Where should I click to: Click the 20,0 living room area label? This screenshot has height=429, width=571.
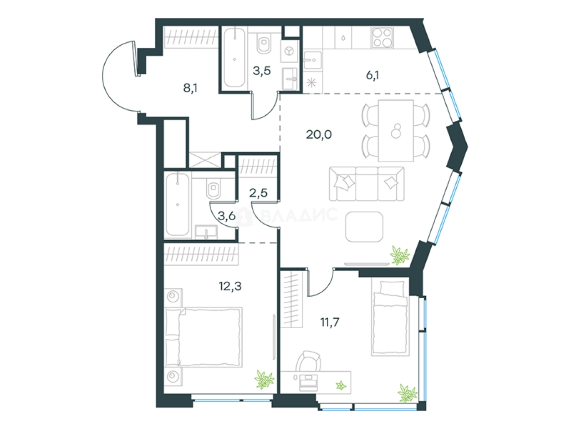tap(319, 134)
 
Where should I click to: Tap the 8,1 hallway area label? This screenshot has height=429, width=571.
tap(190, 88)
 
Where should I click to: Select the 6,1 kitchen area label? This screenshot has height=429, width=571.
tap(372, 75)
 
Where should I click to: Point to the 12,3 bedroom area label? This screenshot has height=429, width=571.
tap(230, 286)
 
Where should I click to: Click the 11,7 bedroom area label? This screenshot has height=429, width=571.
tap(330, 322)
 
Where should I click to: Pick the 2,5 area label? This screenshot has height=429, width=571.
tap(258, 193)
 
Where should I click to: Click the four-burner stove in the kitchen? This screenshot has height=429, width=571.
tap(382, 38)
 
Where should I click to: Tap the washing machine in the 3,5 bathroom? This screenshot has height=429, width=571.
tap(289, 51)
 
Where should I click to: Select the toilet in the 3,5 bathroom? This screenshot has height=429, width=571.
tap(264, 43)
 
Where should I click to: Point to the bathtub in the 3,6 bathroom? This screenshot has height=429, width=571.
tap(178, 205)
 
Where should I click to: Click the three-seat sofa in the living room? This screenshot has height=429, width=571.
tap(367, 184)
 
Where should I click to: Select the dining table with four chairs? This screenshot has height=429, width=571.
tap(396, 131)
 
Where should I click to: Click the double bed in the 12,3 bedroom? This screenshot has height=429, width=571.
tap(204, 337)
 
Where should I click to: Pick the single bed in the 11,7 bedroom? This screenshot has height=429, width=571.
tap(390, 316)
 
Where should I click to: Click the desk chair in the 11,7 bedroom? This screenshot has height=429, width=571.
tap(309, 361)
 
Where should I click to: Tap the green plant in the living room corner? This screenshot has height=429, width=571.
tap(399, 255)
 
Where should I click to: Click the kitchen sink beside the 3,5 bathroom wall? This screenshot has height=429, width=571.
tap(312, 60)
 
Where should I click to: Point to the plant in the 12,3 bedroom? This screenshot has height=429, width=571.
tap(264, 379)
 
